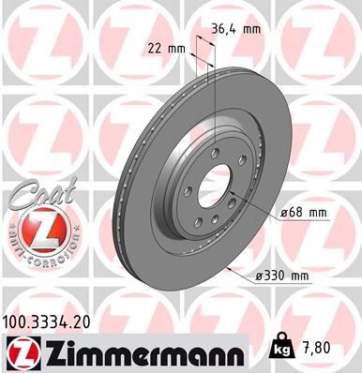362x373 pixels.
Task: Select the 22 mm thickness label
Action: tap(166, 46)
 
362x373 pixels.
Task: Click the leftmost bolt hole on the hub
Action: tap(194, 170)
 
